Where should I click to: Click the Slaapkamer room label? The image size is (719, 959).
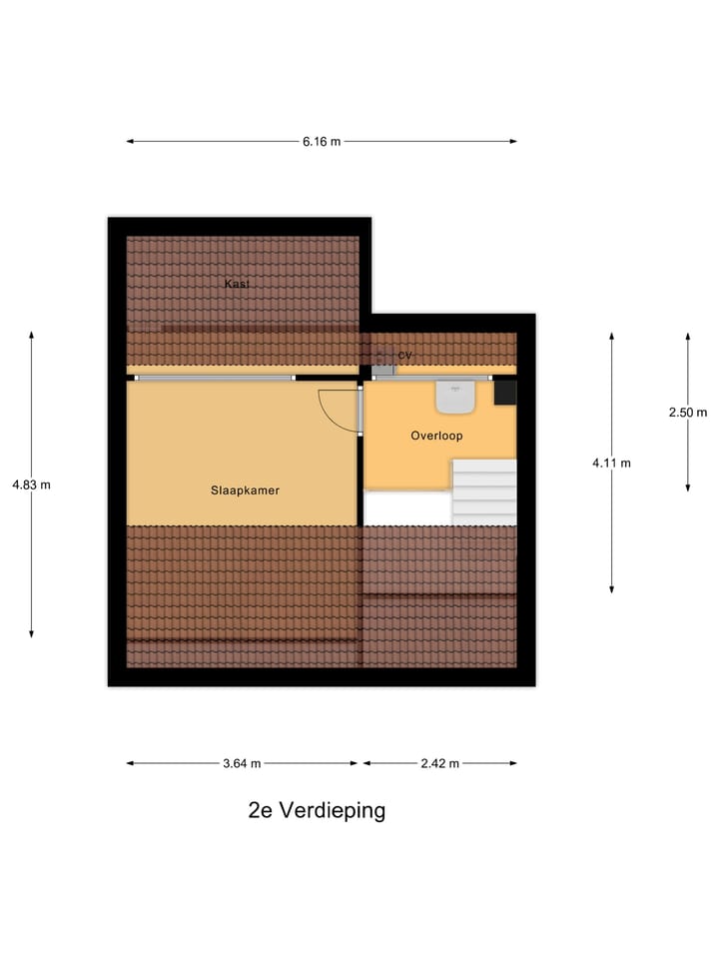pos(245,490)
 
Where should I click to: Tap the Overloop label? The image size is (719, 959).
pos(436,436)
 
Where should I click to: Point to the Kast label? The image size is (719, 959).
pos(237,284)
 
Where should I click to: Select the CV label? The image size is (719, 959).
pos(404,356)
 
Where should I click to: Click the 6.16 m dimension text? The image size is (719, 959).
pos(322,142)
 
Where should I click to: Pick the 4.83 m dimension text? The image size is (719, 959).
pos(31,484)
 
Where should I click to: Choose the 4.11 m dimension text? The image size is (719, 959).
pos(611,463)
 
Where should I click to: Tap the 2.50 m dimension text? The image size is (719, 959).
pos(688,412)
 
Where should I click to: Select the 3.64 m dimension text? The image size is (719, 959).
pos(241,763)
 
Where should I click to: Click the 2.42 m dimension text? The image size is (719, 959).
pos(439,763)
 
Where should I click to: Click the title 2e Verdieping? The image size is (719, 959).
pos(317,810)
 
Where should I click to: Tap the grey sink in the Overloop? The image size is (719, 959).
pos(455,398)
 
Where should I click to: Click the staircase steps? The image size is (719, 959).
pos(484,490)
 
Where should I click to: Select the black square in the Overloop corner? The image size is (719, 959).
pos(505,392)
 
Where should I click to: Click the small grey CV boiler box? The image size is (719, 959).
pos(383,368)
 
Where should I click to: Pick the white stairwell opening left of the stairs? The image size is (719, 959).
pos(406,506)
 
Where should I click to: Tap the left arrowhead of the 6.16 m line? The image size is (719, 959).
pos(130,142)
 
